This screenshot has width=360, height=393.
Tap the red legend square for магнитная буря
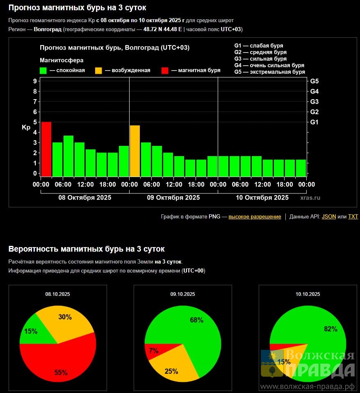[165, 70]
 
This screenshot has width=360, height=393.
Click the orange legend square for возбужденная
[98, 70]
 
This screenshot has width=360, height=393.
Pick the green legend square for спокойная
[43, 70]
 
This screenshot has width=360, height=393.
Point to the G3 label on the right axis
[314, 102]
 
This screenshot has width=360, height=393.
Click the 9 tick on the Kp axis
[35, 81]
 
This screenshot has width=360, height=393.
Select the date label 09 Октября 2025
[173, 198]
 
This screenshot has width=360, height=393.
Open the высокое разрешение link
[255, 217]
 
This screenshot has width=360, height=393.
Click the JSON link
[329, 217]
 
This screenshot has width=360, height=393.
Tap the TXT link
[353, 217]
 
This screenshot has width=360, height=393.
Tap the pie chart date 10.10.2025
[308, 294]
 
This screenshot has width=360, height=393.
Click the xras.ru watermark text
[310, 198]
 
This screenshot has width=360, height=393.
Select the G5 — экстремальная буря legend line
[269, 72]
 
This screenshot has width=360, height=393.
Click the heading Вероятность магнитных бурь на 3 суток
[87, 249]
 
